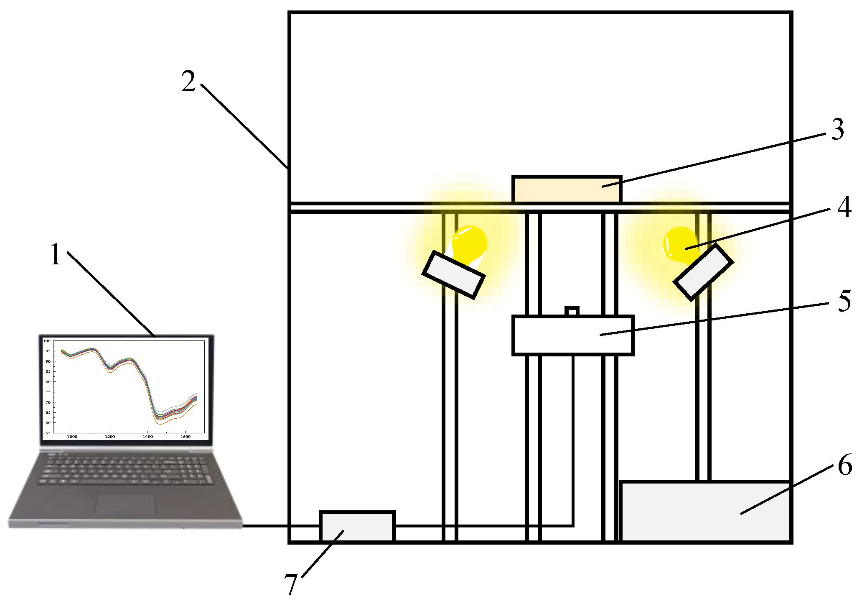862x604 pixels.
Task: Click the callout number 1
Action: click(56, 254)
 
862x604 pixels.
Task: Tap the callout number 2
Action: click(188, 81)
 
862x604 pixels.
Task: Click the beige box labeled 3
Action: click(567, 189)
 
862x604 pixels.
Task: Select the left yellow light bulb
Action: click(470, 243)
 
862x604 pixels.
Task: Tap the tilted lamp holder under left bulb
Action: click(453, 275)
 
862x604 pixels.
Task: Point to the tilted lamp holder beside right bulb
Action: click(703, 272)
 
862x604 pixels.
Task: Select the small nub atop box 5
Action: click(572, 311)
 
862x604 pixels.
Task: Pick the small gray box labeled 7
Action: click(357, 527)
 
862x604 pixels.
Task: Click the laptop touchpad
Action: click(126, 505)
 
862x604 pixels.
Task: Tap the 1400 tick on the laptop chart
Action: click(147, 437)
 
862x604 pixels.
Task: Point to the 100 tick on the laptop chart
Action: click(47, 341)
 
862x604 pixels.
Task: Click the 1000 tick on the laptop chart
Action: click(72, 437)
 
